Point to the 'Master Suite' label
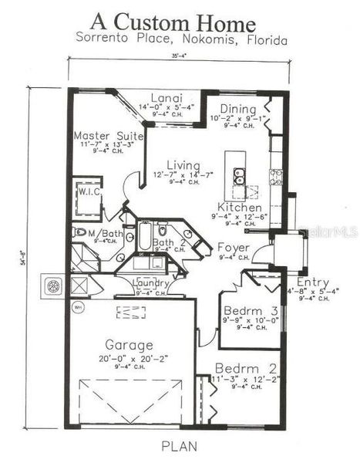103,136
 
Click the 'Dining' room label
238,109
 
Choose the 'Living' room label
182,165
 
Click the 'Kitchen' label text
239,208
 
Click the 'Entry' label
312,282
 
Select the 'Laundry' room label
152,282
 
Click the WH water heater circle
79,307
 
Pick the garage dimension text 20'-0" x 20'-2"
129,359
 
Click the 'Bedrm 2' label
241,368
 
